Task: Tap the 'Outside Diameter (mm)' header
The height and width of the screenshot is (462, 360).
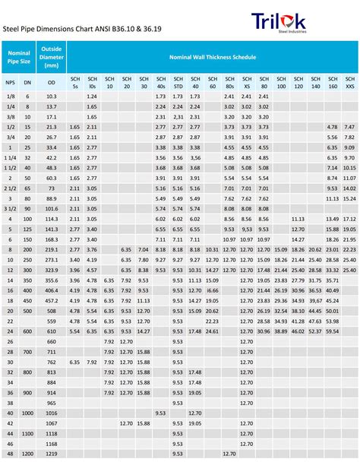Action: [52, 57]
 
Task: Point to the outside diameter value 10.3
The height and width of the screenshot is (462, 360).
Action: [52, 97]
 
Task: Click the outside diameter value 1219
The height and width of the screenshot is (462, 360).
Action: [52, 453]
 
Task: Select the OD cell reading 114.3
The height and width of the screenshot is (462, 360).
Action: [52, 219]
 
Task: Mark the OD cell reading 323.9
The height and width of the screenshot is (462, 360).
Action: [52, 269]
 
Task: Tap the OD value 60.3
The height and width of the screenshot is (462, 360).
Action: [52, 178]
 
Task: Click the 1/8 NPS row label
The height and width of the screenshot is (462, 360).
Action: [10, 97]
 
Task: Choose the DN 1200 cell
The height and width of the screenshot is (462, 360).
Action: [28, 453]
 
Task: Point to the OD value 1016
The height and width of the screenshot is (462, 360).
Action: [52, 412]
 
